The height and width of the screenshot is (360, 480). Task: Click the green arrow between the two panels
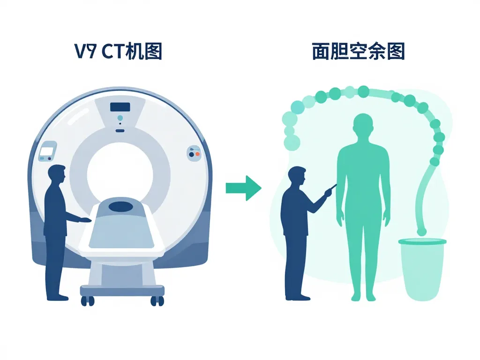click(243, 188)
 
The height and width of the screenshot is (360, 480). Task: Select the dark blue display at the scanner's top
click(120, 107)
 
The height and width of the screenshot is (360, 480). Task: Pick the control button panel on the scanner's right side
click(194, 153)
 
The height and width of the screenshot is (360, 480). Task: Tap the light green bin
click(422, 272)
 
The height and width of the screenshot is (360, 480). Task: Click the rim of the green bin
click(422, 242)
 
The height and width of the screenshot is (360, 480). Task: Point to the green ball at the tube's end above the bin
click(422, 232)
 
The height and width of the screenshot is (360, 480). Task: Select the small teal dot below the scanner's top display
click(120, 118)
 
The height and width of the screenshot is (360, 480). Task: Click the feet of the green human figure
click(363, 296)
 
